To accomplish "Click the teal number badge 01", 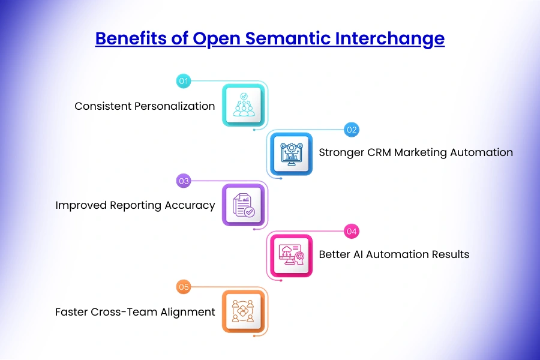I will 183,80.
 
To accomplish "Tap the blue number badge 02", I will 351,129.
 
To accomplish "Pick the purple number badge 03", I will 183,180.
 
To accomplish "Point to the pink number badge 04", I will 351,231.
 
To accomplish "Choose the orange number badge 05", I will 183,287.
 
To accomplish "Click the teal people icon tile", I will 243,105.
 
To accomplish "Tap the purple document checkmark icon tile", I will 243,205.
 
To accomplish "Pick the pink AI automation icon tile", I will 291,255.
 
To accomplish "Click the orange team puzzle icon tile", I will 243,311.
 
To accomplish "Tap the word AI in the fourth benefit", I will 358,254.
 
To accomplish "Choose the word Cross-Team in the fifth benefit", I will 119,312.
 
